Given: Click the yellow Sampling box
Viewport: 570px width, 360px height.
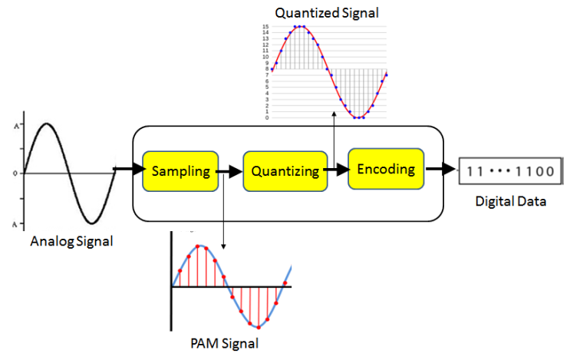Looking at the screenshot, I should pyautogui.click(x=180, y=170).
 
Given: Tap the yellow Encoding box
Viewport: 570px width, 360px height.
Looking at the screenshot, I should pyautogui.click(x=385, y=168).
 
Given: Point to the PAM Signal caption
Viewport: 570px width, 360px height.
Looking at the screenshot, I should pyautogui.click(x=223, y=342).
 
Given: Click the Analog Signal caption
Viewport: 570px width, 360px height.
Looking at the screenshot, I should pyautogui.click(x=71, y=242).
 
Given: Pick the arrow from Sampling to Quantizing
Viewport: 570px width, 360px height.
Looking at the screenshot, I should pyautogui.click(x=228, y=171).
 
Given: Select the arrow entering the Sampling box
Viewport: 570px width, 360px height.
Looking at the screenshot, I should pyautogui.click(x=128, y=168).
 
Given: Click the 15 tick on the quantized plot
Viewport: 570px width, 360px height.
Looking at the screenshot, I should pyautogui.click(x=265, y=27).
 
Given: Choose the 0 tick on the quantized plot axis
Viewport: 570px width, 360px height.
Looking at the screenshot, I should pyautogui.click(x=265, y=117).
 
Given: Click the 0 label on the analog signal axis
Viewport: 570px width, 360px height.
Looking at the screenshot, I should pyautogui.click(x=15, y=173).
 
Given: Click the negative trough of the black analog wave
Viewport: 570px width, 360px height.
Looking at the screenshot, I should pyautogui.click(x=91, y=223).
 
